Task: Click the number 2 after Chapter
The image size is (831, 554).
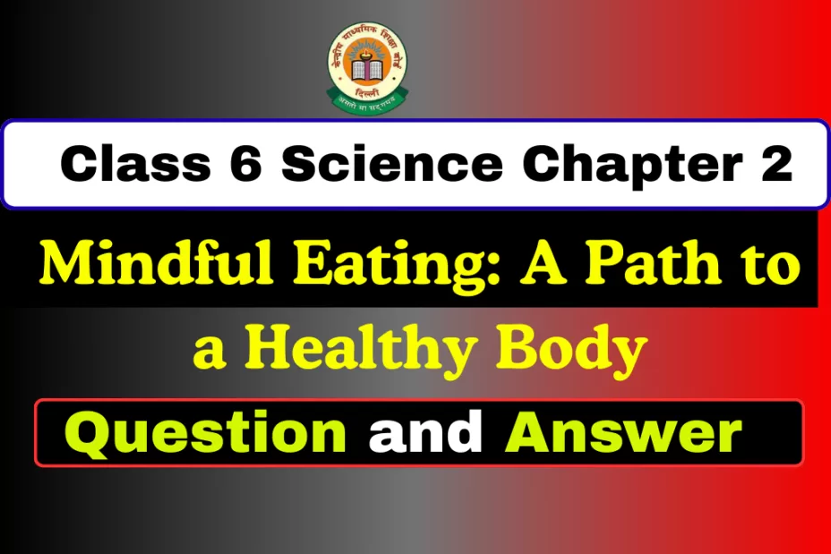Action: click(775, 166)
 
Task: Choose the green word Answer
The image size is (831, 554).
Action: click(623, 432)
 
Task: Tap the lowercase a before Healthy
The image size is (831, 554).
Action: click(209, 351)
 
